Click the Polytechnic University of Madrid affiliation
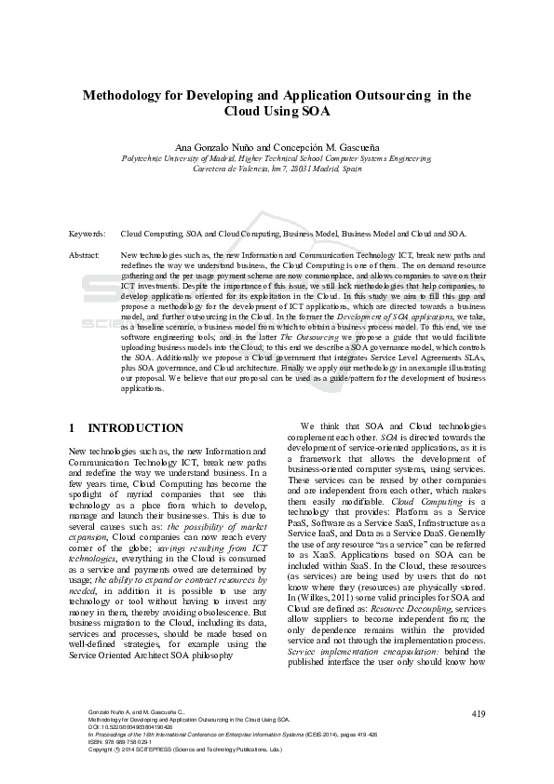182,158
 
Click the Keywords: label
87,234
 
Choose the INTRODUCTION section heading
135,428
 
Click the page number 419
479,713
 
